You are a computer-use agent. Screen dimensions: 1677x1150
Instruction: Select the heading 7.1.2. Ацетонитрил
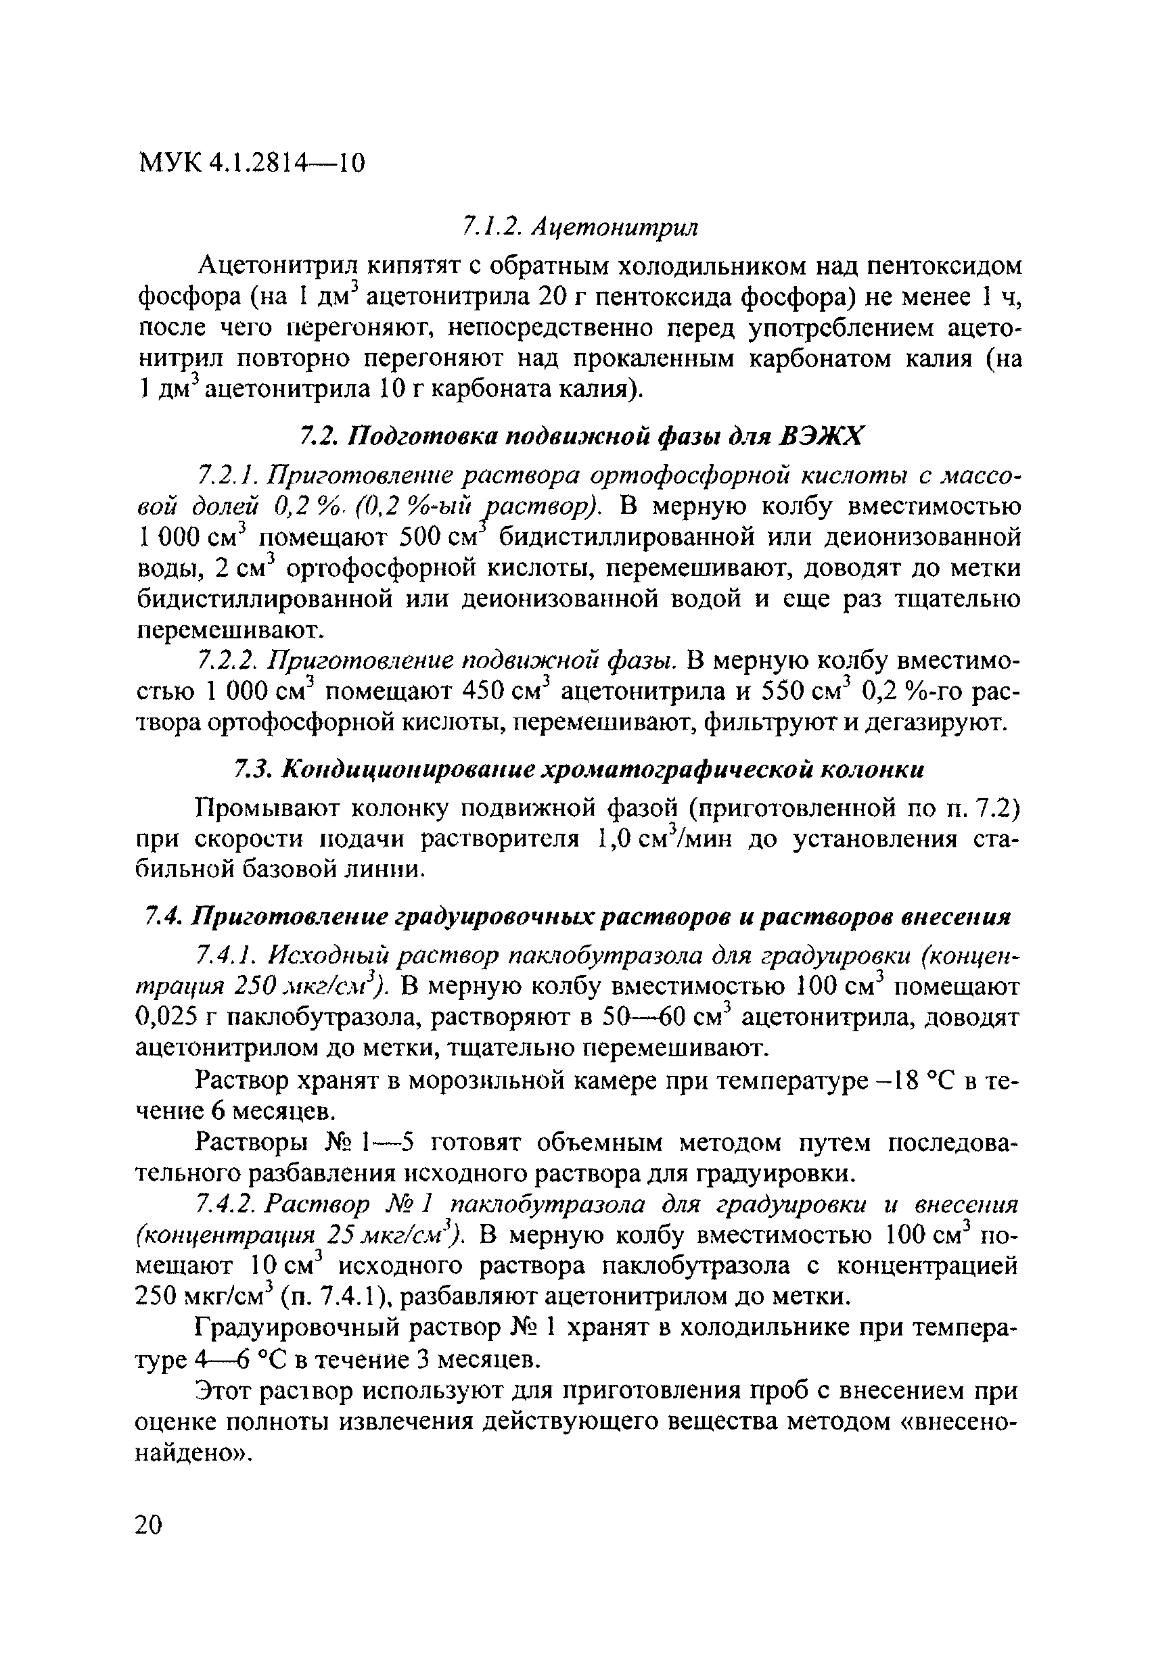[580, 227]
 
